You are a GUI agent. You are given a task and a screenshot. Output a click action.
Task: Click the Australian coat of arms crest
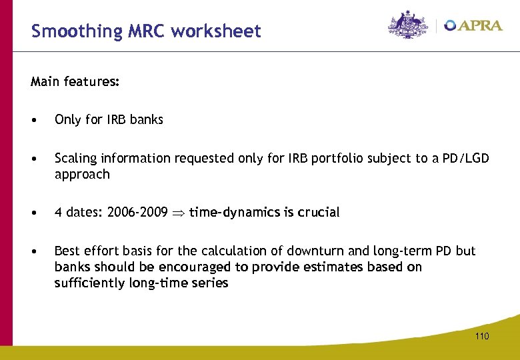pos(409,25)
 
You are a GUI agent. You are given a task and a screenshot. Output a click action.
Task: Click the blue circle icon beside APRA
pos(451,25)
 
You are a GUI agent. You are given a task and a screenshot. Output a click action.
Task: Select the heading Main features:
pos(75,82)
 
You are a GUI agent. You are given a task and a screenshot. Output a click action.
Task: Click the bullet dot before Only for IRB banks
pos(33,120)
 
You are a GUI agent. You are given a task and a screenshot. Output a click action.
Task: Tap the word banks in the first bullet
pos(146,120)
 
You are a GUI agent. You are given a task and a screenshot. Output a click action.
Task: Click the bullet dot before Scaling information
pos(33,159)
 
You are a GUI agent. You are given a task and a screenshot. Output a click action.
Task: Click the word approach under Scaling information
pos(81,175)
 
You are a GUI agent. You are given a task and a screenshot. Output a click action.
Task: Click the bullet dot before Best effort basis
pos(33,251)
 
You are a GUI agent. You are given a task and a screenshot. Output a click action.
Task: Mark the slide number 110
pos(482,337)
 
